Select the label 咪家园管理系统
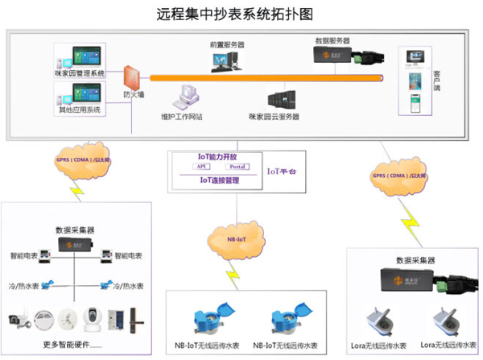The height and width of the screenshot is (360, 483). [80, 73]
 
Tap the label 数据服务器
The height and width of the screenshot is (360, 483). [333, 39]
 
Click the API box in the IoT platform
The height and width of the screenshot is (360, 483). [201, 167]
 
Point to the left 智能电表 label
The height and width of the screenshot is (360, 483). [26, 255]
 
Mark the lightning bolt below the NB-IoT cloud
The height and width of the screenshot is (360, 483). [233, 274]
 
